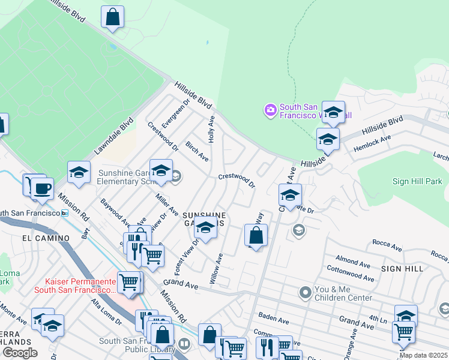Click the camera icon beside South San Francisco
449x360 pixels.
270,109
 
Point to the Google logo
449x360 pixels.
20,353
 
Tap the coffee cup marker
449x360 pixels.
42,188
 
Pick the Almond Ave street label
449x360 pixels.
354,262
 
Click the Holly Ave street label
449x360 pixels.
211,129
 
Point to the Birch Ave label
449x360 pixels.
196,152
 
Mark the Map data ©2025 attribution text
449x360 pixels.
424,355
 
